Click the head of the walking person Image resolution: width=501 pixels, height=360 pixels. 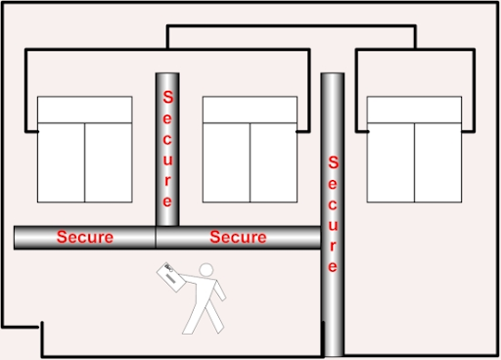tap(206, 270)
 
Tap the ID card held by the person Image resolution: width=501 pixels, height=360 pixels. tap(171, 277)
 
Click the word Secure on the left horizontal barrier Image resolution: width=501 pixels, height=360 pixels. tap(85, 237)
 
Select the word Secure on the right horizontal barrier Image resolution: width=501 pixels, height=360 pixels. tap(238, 237)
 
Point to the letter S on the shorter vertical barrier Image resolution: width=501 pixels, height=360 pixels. tap(167, 97)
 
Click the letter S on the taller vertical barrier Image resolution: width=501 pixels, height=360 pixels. tap(333, 162)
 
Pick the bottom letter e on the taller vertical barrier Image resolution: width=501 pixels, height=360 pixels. tap(333, 267)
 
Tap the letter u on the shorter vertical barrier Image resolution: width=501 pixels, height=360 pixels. tap(167, 159)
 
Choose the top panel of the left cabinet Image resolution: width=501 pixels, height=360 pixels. tap(85, 110)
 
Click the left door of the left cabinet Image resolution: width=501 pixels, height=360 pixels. tap(62, 162)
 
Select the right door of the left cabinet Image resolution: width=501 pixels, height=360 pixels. tap(109, 162)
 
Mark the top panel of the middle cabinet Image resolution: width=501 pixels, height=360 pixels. tap(250, 110)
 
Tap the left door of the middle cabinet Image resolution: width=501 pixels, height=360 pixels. tap(226, 162)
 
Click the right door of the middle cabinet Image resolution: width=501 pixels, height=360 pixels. tap(274, 162)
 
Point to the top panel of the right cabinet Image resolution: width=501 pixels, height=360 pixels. tap(414, 110)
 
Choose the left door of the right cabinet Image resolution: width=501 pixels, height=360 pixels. tap(390, 162)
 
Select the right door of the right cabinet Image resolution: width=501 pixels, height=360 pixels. tap(438, 162)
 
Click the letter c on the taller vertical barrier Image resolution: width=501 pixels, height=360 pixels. tap(333, 204)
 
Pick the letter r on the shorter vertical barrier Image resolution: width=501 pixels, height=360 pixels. tap(167, 181)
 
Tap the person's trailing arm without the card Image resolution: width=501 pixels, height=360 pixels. tap(220, 291)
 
